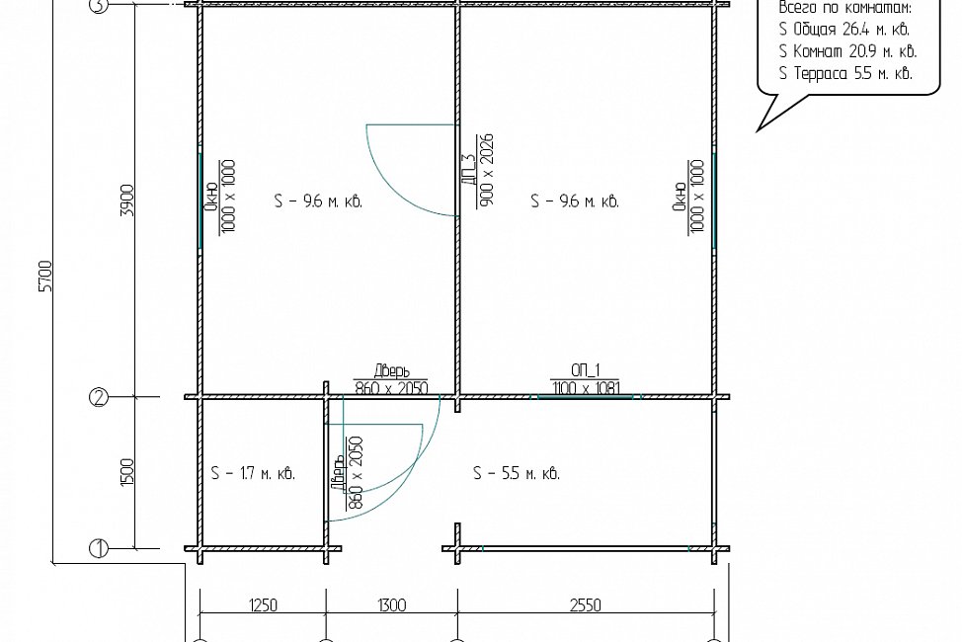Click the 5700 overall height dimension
pyautogui.click(x=46, y=277)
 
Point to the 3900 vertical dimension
pyautogui.click(x=127, y=200)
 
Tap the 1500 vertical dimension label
pyautogui.click(x=127, y=472)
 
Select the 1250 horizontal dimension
pyautogui.click(x=263, y=605)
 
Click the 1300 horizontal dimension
pyautogui.click(x=391, y=605)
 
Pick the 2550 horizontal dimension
pyautogui.click(x=586, y=605)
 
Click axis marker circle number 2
pyautogui.click(x=99, y=398)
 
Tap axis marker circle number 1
pyautogui.click(x=99, y=548)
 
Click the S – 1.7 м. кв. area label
pyautogui.click(x=253, y=473)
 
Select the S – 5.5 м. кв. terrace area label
pyautogui.click(x=517, y=473)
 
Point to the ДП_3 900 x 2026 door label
pyautogui.click(x=477, y=170)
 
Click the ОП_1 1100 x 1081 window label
pyautogui.click(x=586, y=379)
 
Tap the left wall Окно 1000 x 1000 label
pyautogui.click(x=219, y=197)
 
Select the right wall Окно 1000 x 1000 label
pyautogui.click(x=688, y=197)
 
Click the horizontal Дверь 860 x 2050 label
pyautogui.click(x=391, y=379)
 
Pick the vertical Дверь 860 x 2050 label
pyautogui.click(x=348, y=473)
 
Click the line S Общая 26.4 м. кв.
pyautogui.click(x=844, y=30)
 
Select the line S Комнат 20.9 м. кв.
pyautogui.click(x=847, y=51)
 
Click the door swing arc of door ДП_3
pyautogui.click(x=393, y=189)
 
